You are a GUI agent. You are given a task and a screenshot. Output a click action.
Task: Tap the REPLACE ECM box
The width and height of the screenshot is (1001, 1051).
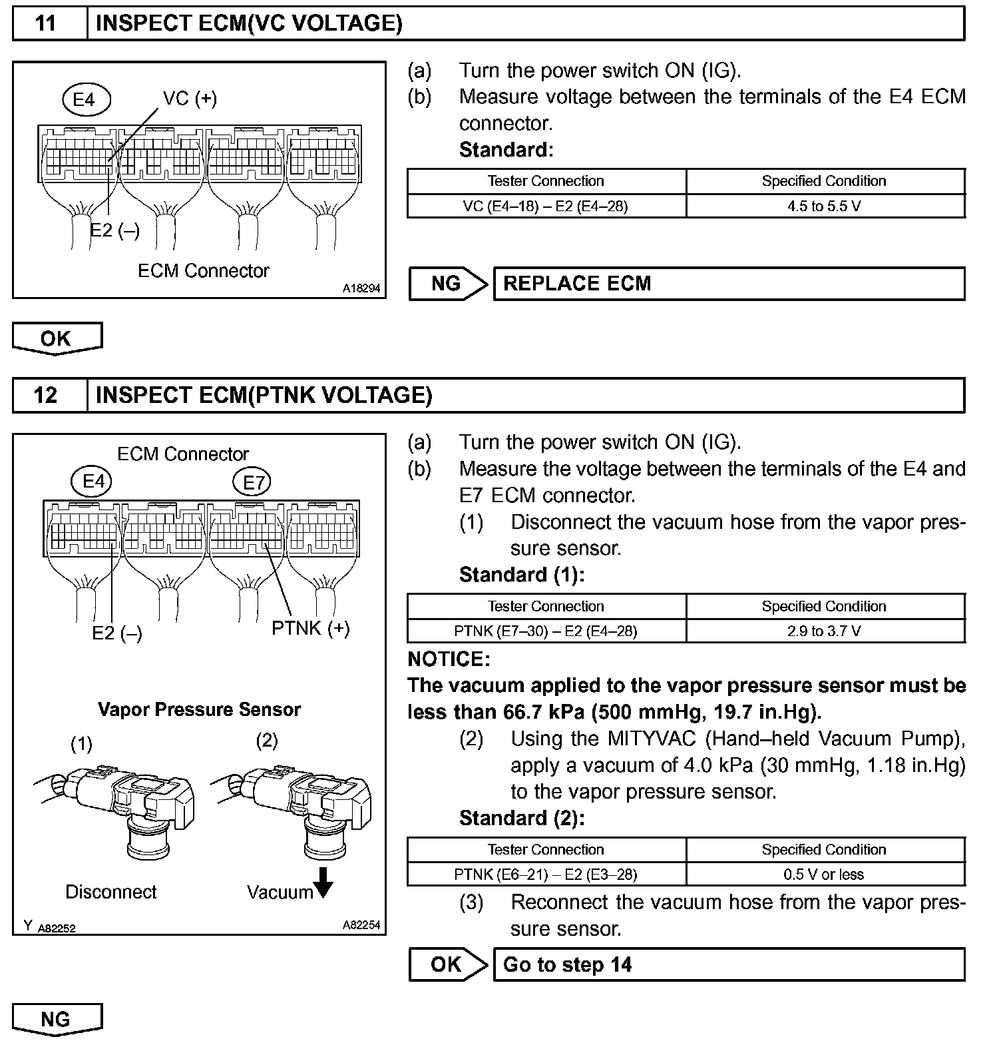point(728,284)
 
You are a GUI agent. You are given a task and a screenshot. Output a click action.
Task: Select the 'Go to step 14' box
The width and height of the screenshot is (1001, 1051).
point(728,964)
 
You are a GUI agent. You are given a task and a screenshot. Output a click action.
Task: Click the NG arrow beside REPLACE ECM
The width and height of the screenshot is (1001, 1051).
point(447,284)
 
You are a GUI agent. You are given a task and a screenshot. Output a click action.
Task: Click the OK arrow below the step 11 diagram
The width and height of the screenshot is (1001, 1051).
point(57,338)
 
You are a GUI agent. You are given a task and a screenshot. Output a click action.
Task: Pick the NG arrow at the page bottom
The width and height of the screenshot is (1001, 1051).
point(57,1020)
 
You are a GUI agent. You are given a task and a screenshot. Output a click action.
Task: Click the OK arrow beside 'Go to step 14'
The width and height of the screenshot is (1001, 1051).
point(447,964)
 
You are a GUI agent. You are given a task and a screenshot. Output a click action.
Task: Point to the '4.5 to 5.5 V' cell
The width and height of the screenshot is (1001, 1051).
point(825,206)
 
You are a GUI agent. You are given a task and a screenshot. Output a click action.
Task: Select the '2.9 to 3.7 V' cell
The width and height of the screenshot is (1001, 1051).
point(825,631)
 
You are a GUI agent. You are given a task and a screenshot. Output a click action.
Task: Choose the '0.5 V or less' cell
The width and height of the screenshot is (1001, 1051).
point(825,875)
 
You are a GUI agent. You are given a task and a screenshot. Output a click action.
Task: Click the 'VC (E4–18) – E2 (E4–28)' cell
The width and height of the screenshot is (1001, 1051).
point(546,206)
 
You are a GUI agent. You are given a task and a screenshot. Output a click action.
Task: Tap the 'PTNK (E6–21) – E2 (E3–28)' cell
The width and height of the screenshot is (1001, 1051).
point(546,875)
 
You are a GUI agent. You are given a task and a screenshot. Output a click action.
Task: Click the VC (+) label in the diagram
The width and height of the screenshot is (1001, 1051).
point(190,99)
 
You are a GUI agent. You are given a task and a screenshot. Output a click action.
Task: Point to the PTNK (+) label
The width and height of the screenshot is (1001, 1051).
point(310,628)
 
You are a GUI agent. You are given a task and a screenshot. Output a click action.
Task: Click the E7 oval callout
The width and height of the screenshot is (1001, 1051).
point(253,482)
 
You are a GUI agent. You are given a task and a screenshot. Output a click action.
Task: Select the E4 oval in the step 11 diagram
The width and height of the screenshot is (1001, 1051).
point(85,100)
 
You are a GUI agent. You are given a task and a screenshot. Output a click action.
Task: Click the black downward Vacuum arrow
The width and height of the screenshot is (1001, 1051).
point(323,883)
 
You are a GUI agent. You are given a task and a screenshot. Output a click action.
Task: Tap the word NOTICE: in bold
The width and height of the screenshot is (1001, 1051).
point(449,659)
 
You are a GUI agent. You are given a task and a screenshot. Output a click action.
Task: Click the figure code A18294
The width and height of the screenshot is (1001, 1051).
point(361,288)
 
